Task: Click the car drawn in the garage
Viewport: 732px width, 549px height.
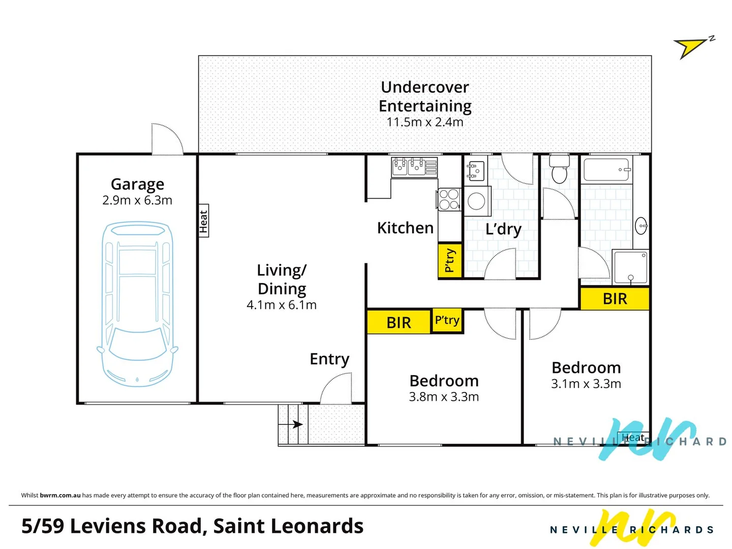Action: coord(137,304)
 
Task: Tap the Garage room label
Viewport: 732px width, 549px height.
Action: coord(137,184)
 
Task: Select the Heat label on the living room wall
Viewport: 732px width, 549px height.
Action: coord(203,221)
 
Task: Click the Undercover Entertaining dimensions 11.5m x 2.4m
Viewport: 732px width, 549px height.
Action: coord(425,123)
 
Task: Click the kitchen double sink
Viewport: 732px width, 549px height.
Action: coord(408,166)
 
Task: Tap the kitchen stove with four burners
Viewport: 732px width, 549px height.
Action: coord(449,199)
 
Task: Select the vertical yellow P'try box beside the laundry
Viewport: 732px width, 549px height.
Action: coord(450,261)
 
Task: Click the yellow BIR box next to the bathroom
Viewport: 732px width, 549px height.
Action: coord(615,299)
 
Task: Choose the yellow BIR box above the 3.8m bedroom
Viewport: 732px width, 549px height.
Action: coord(399,322)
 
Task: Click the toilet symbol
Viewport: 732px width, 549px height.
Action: coord(559,169)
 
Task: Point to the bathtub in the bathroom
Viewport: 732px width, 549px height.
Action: coord(607,170)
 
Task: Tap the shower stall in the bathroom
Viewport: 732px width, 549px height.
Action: coord(630,267)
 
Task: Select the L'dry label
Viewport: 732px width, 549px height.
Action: coord(503,229)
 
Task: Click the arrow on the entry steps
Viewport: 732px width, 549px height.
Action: coord(296,424)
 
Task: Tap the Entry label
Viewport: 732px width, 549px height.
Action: coord(329,359)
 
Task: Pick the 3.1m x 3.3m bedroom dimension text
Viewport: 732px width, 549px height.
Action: coord(586,384)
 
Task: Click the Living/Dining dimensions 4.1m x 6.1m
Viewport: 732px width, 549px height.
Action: coord(282,305)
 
